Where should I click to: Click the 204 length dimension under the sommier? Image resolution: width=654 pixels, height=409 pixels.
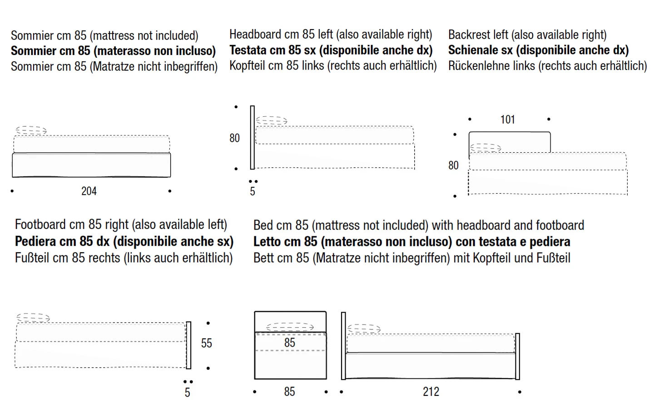pyautogui.click(x=89, y=191)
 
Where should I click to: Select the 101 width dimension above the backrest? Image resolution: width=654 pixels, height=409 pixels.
pyautogui.click(x=508, y=120)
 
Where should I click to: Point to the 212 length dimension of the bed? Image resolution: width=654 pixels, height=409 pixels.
pyautogui.click(x=431, y=392)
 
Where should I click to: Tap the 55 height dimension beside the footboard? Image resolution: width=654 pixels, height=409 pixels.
pyautogui.click(x=207, y=343)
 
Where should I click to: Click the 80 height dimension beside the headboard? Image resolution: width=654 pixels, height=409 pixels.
pyautogui.click(x=234, y=138)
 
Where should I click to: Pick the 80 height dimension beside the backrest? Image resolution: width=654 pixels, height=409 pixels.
pyautogui.click(x=453, y=165)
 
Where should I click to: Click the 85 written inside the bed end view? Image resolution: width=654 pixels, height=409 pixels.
pyautogui.click(x=290, y=343)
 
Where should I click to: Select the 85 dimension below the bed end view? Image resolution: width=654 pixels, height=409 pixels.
pyautogui.click(x=289, y=392)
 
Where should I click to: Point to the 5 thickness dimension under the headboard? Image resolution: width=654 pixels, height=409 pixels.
pyautogui.click(x=253, y=191)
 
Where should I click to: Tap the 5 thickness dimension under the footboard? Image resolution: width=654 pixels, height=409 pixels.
pyautogui.click(x=187, y=393)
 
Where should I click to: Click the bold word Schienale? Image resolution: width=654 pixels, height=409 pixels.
pyautogui.click(x=474, y=50)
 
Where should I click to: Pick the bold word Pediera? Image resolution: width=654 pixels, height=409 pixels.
pyautogui.click(x=36, y=241)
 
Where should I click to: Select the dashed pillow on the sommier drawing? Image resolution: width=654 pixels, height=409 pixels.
pyautogui.click(x=31, y=131)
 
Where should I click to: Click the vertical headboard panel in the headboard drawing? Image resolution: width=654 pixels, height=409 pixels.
pyautogui.click(x=253, y=137)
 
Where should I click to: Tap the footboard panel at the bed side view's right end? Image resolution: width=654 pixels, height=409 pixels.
pyautogui.click(x=517, y=356)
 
